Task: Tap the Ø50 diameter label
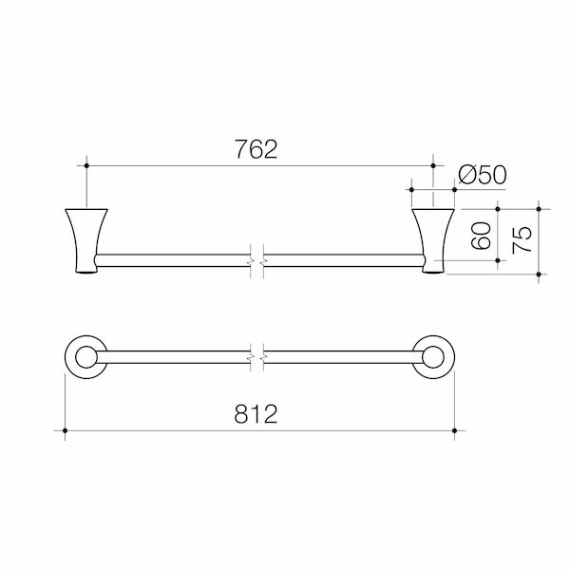click(x=482, y=175)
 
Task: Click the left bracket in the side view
click(x=83, y=240)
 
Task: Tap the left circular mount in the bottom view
click(x=85, y=356)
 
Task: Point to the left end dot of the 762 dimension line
click(x=86, y=165)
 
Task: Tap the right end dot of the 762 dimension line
click(x=433, y=165)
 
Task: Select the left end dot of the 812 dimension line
click(x=65, y=432)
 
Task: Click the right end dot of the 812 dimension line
click(x=456, y=432)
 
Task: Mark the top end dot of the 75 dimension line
click(x=539, y=208)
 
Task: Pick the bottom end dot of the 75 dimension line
click(x=539, y=275)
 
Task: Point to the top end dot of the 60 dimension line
click(x=499, y=208)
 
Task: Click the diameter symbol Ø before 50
click(x=465, y=175)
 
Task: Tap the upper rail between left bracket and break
click(x=171, y=258)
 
